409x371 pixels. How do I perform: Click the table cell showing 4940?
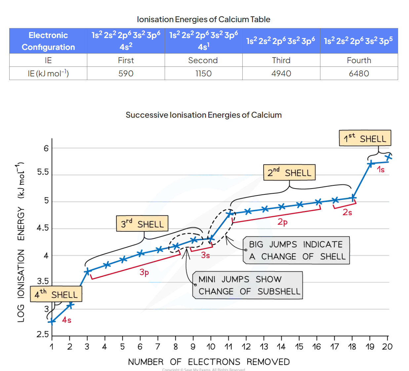click(281, 73)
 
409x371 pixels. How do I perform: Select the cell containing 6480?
click(359, 73)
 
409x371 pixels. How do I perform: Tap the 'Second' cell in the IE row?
click(203, 60)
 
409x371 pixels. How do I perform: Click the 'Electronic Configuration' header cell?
click(48, 41)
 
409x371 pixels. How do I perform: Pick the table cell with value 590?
click(126, 73)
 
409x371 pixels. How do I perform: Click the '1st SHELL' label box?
click(365, 138)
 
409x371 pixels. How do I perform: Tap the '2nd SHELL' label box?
click(289, 172)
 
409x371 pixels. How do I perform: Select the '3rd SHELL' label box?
click(142, 224)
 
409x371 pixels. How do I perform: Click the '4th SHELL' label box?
click(56, 294)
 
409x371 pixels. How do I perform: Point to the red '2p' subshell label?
click(282, 222)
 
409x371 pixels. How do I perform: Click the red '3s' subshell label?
click(205, 255)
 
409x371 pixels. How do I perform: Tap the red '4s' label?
click(66, 320)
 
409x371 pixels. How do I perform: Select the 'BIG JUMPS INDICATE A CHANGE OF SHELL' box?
click(296, 250)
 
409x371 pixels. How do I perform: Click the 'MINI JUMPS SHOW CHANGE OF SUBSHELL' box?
click(248, 285)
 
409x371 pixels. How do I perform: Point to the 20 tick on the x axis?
click(387, 347)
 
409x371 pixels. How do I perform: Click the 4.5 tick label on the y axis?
click(43, 228)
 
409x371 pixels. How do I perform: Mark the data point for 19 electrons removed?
click(371, 163)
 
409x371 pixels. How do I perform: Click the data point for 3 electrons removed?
click(87, 272)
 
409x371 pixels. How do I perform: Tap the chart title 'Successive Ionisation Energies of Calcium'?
click(204, 115)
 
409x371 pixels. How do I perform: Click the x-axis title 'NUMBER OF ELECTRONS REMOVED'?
click(209, 362)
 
